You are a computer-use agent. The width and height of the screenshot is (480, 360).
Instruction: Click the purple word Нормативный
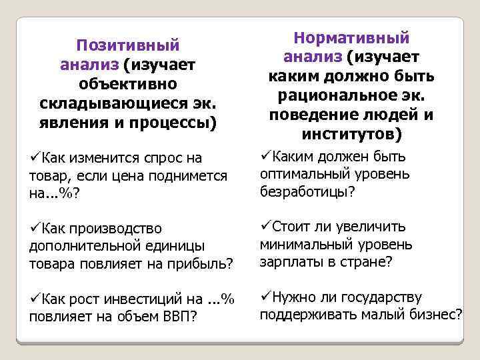pyautogui.click(x=351, y=38)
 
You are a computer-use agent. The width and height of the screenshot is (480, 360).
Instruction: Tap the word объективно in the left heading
pyautogui.click(x=128, y=85)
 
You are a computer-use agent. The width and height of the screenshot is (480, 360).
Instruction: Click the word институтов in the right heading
pyautogui.click(x=336, y=135)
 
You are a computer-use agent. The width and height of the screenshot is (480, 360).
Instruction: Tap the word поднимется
pyautogui.click(x=191, y=176)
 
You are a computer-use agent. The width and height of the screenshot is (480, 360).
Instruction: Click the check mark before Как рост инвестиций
pyautogui.click(x=34, y=299)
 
